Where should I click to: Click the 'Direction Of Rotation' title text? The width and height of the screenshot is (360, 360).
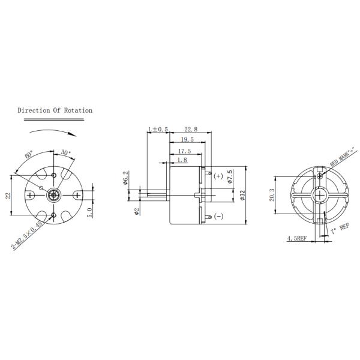(x=55, y=110)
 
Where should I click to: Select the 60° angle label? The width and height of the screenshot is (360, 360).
(x=29, y=155)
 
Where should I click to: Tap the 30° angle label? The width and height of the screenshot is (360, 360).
(x=65, y=152)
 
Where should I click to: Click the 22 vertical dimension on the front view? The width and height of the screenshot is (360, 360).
(x=9, y=196)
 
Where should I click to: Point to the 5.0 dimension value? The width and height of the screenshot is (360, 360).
(x=89, y=211)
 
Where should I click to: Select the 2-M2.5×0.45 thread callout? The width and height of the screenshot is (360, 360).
(x=26, y=235)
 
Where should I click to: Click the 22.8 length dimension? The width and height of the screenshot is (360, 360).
(x=191, y=129)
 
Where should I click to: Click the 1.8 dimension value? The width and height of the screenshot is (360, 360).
(x=182, y=160)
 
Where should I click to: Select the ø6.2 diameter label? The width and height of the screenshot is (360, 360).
(x=126, y=178)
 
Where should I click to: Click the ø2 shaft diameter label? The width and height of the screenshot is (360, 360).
(x=137, y=211)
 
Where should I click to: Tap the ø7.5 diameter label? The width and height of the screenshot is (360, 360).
(x=230, y=178)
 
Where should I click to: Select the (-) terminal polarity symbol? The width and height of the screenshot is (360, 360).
(x=218, y=216)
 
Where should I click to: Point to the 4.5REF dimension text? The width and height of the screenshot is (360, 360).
(x=297, y=238)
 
